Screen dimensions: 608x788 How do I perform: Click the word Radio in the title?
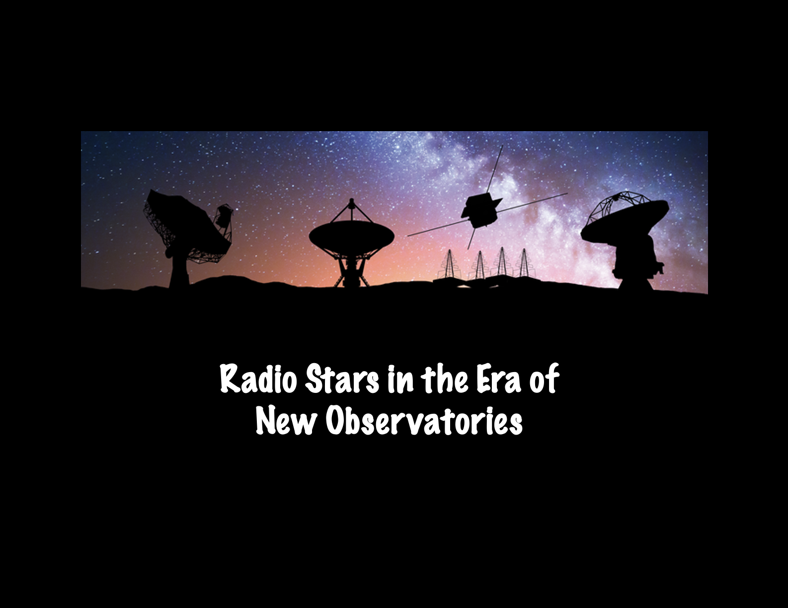point(258,380)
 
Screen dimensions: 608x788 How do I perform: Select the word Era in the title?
point(498,380)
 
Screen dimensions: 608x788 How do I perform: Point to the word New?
point(286,422)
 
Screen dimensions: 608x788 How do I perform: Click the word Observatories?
point(424,422)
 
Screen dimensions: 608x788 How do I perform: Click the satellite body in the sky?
point(479,211)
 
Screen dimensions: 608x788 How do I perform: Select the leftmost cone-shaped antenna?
point(449,264)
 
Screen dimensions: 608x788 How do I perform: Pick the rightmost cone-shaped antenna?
point(524,263)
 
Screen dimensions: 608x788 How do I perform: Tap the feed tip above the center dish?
point(352,202)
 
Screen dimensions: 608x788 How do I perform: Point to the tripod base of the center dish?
point(352,273)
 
